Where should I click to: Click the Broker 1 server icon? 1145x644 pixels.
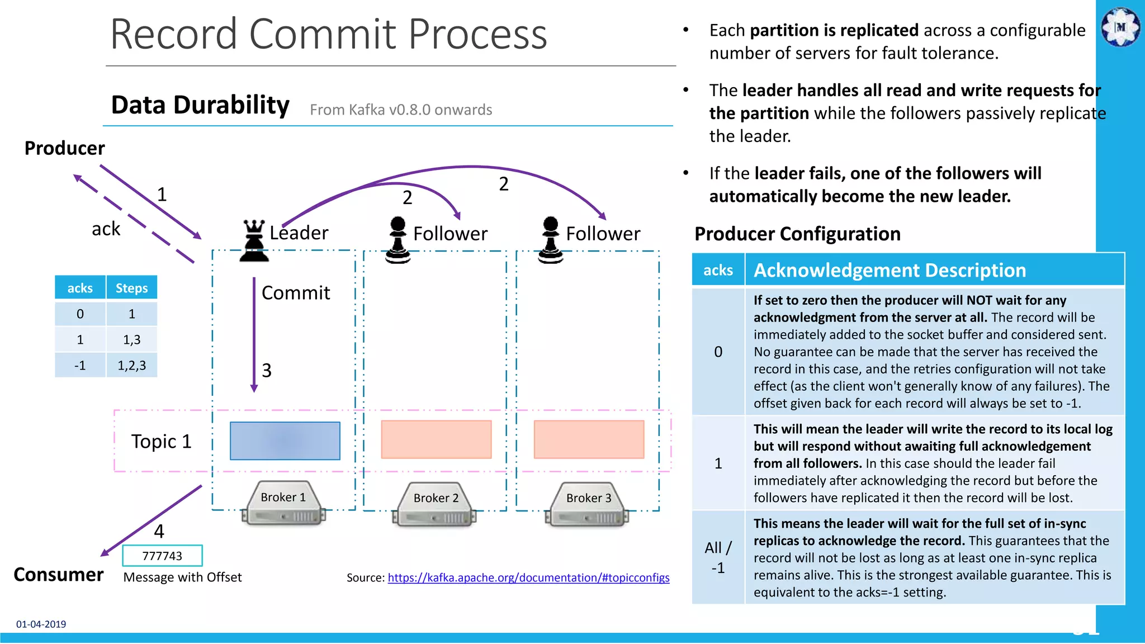[x=283, y=503]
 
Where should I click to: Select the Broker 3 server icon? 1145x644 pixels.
[x=588, y=504]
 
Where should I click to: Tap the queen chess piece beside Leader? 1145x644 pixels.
[x=254, y=241]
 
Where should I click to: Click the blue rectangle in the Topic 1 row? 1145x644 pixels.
[x=285, y=441]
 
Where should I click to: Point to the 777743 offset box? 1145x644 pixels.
[x=162, y=556]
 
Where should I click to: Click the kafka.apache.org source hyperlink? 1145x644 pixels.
[x=528, y=577]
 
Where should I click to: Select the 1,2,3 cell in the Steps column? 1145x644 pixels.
[x=131, y=366]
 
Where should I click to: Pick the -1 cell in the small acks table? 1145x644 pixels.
[x=80, y=366]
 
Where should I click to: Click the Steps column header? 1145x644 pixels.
[x=131, y=288]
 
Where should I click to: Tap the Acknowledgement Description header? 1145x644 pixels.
[x=889, y=270]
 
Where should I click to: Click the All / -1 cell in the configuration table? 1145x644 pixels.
[x=718, y=557]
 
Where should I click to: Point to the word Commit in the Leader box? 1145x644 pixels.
[x=296, y=293]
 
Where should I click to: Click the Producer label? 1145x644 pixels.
[x=64, y=148]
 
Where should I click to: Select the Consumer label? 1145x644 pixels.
[x=58, y=575]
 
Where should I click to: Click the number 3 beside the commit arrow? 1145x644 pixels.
[x=267, y=371]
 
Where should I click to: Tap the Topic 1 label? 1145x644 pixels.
[x=161, y=442]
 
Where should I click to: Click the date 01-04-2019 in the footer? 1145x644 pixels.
[x=41, y=624]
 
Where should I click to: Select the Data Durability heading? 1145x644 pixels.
[x=200, y=105]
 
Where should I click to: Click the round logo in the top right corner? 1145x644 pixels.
[x=1120, y=27]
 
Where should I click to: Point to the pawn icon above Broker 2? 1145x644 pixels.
[x=398, y=240]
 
